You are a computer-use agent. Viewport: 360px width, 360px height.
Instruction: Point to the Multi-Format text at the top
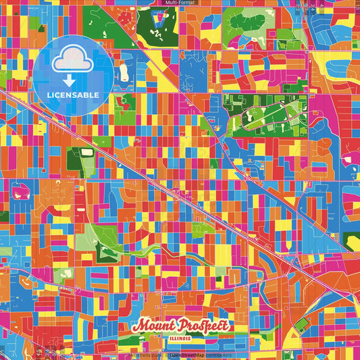180,3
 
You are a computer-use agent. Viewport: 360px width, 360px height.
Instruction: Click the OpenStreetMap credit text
186,355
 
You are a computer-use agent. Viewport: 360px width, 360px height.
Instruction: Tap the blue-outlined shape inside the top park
158,20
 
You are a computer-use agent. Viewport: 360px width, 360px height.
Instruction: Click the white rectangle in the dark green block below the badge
87,153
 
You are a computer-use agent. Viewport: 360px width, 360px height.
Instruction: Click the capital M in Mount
139,326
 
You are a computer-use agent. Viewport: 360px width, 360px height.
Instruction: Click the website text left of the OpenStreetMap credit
145,355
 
